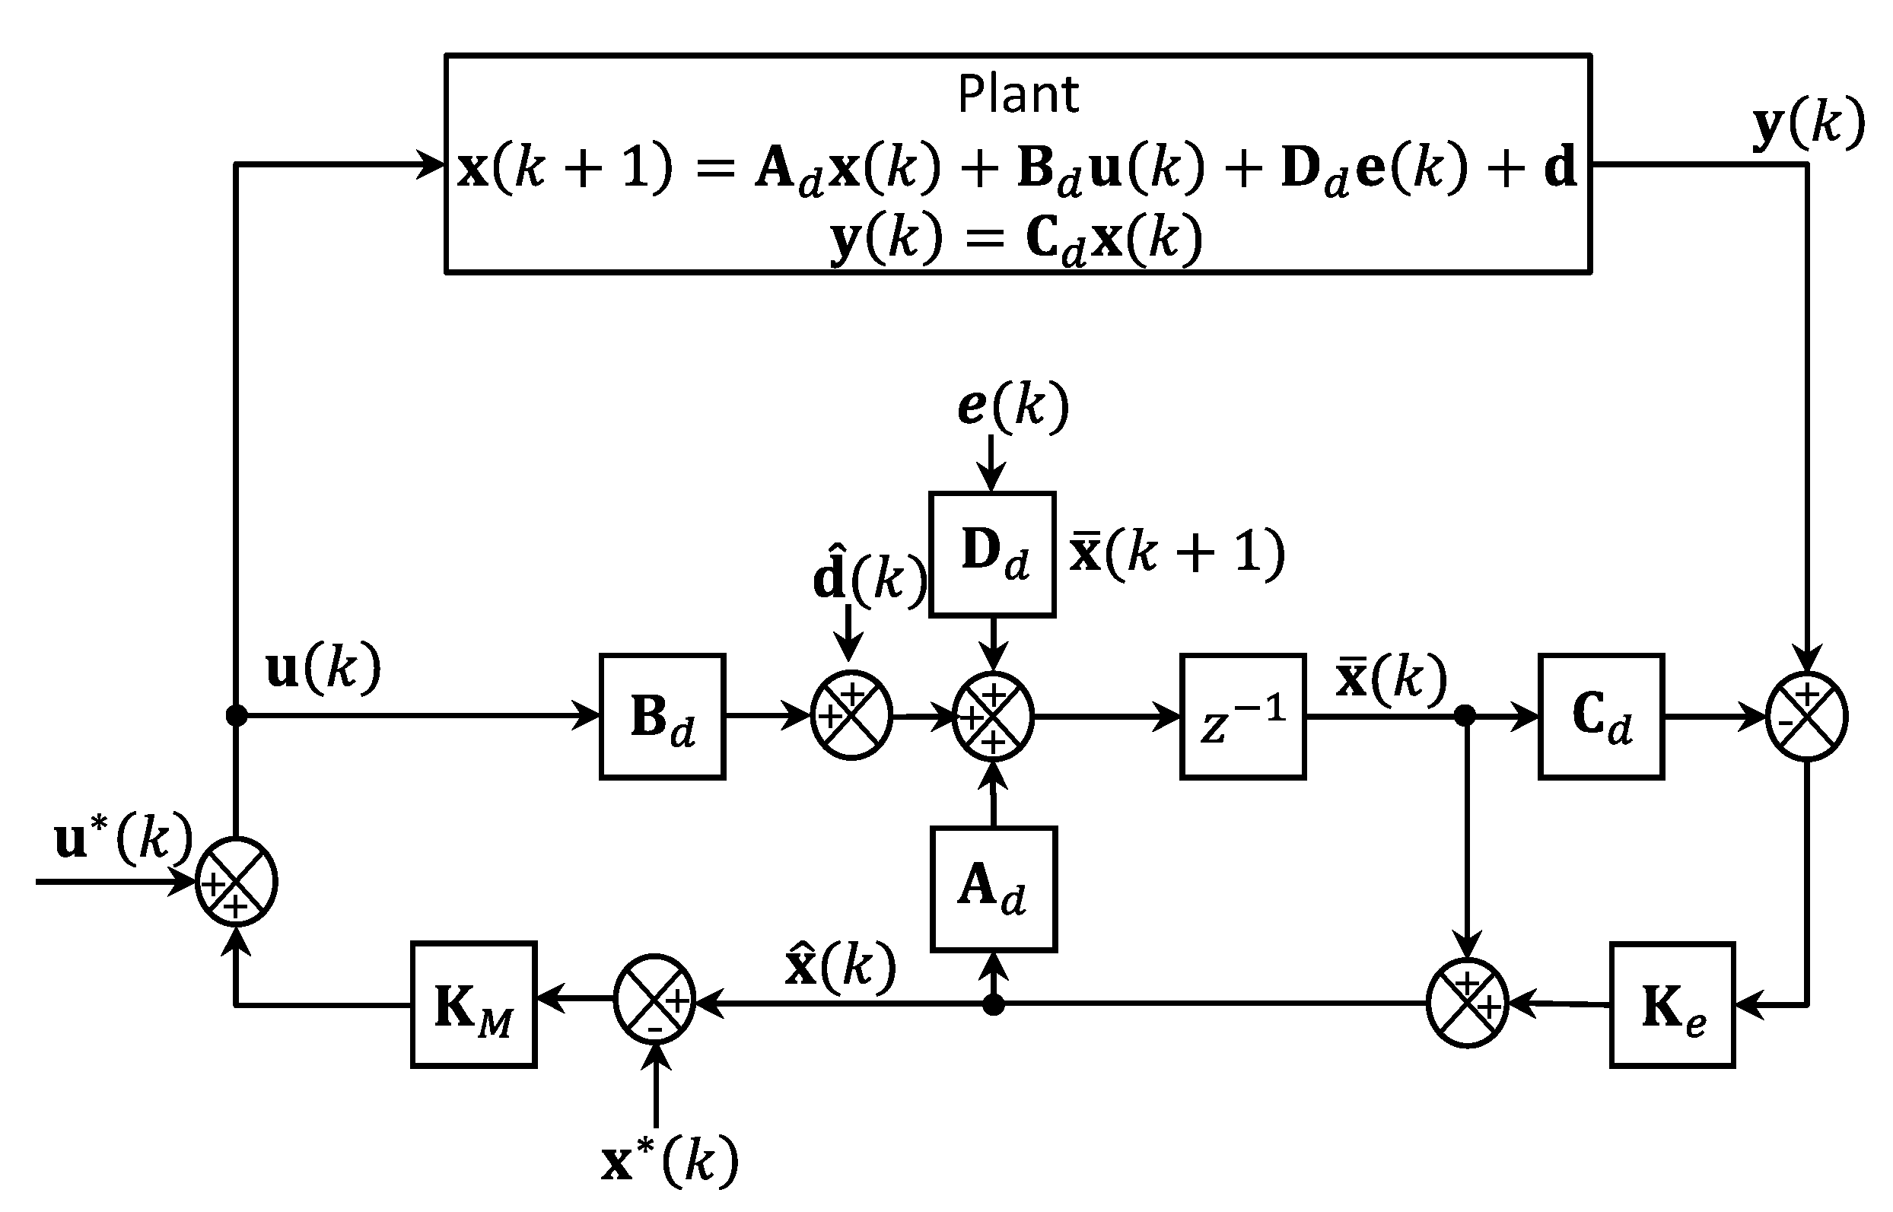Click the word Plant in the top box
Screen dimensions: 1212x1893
[x=1017, y=94]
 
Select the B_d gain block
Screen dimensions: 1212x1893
[x=663, y=717]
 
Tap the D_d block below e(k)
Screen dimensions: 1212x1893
[x=992, y=554]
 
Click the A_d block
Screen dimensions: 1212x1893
[x=993, y=889]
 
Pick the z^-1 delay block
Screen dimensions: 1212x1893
[x=1242, y=717]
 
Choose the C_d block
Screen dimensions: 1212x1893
[x=1601, y=717]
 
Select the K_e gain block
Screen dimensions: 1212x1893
[x=1672, y=1005]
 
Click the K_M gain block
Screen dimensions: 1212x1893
[x=474, y=1005]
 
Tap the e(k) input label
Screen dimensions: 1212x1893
[x=1013, y=406]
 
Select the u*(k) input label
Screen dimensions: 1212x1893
[x=122, y=838]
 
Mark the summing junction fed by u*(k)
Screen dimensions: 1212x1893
[x=236, y=883]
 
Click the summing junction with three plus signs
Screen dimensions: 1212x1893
[x=993, y=717]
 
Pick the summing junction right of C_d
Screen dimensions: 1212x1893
[x=1807, y=717]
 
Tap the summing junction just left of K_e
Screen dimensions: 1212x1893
[x=1468, y=1004]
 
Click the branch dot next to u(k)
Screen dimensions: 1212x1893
[x=236, y=715]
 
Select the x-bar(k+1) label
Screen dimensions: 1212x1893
[x=1176, y=553]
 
